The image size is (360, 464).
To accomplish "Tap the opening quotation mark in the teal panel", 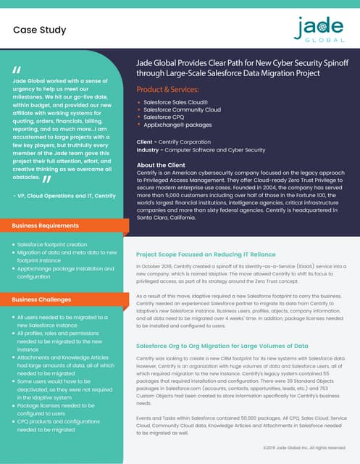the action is click(x=16, y=70).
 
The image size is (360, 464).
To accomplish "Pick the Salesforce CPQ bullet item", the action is click(x=168, y=117).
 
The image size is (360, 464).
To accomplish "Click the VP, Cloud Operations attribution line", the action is click(x=64, y=195).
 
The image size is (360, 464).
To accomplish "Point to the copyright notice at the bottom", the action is click(x=304, y=448).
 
